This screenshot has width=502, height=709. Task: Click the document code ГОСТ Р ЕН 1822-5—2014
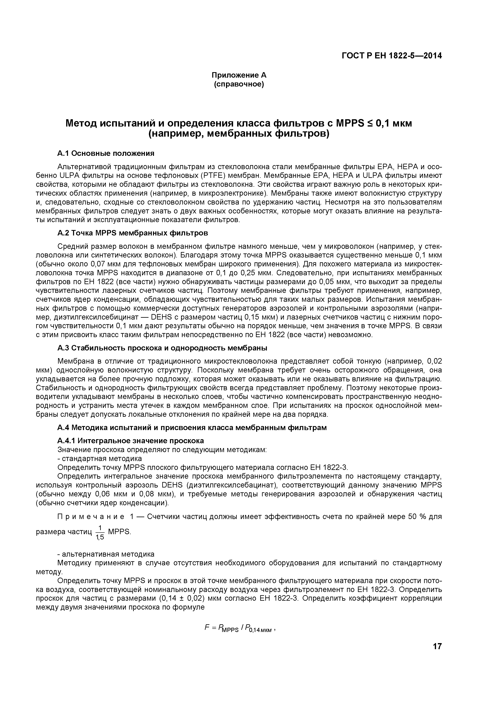click(x=392, y=56)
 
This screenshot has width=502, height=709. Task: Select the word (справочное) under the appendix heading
click(x=239, y=84)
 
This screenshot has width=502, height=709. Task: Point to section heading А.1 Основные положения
click(x=106, y=153)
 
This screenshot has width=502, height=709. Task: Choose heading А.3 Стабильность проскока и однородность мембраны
click(x=162, y=348)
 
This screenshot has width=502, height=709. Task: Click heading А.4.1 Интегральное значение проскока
click(x=131, y=441)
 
